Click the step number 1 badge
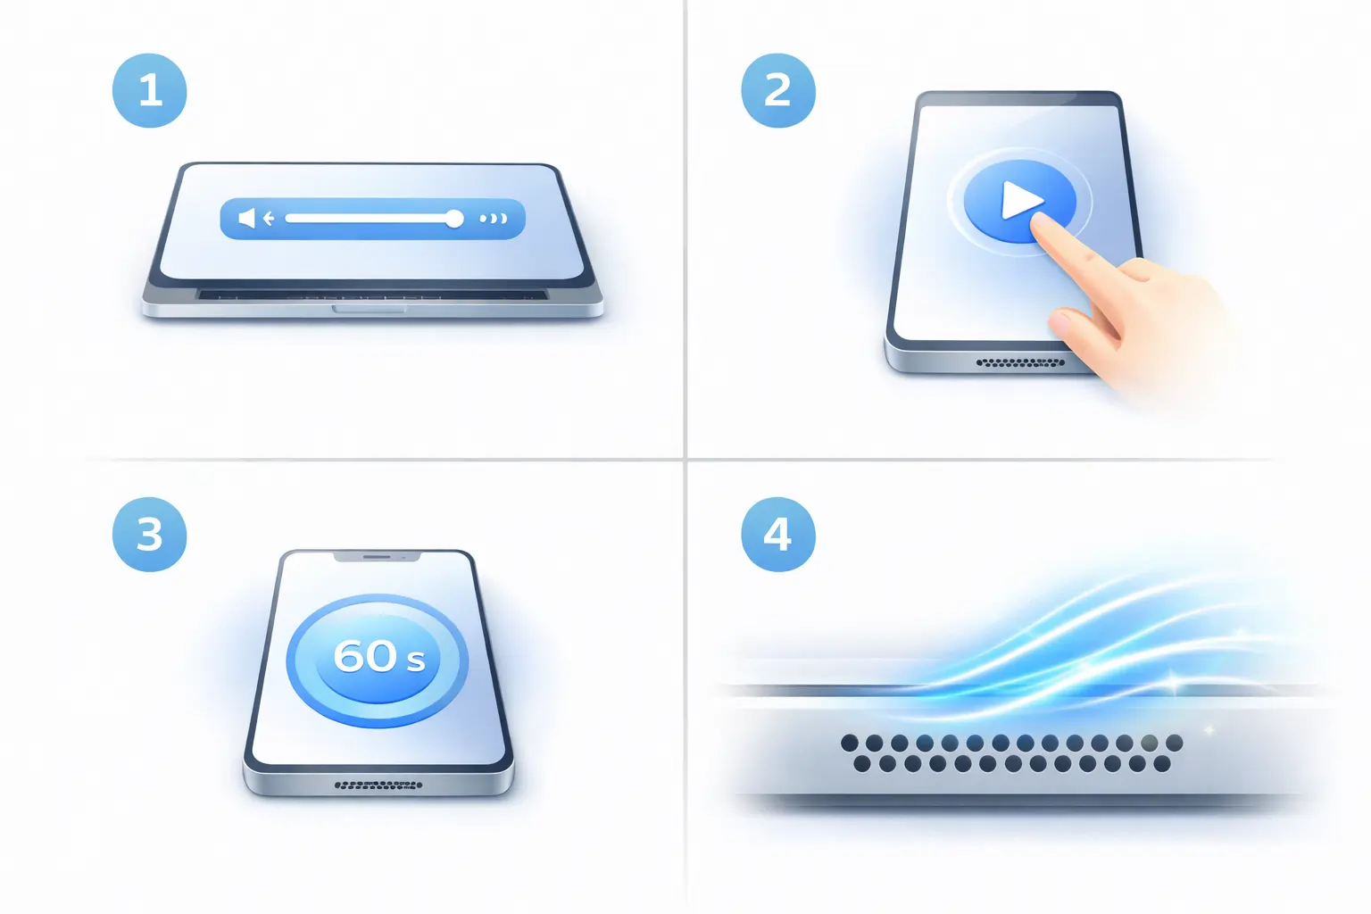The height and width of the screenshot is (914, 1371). point(150,91)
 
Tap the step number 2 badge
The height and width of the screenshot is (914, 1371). point(778,91)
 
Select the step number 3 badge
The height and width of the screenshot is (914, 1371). point(150,535)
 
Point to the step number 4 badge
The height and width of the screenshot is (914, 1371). point(778,535)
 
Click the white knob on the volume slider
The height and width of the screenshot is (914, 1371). point(453,219)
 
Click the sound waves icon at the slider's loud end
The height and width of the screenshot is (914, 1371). point(494,219)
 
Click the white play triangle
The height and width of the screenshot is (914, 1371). point(1021,200)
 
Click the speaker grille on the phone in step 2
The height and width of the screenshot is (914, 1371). point(1020,362)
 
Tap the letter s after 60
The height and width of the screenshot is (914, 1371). point(416,661)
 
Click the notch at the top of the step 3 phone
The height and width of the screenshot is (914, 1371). point(377,556)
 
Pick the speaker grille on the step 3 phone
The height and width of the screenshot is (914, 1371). point(378,785)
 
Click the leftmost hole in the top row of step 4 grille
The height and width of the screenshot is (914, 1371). point(850,744)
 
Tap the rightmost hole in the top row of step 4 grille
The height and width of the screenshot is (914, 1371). point(1174,744)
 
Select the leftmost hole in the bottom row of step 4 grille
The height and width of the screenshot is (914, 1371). point(861,764)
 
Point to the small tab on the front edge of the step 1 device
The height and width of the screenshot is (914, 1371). point(369,309)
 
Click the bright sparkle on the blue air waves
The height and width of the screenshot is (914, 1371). point(1173,681)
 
